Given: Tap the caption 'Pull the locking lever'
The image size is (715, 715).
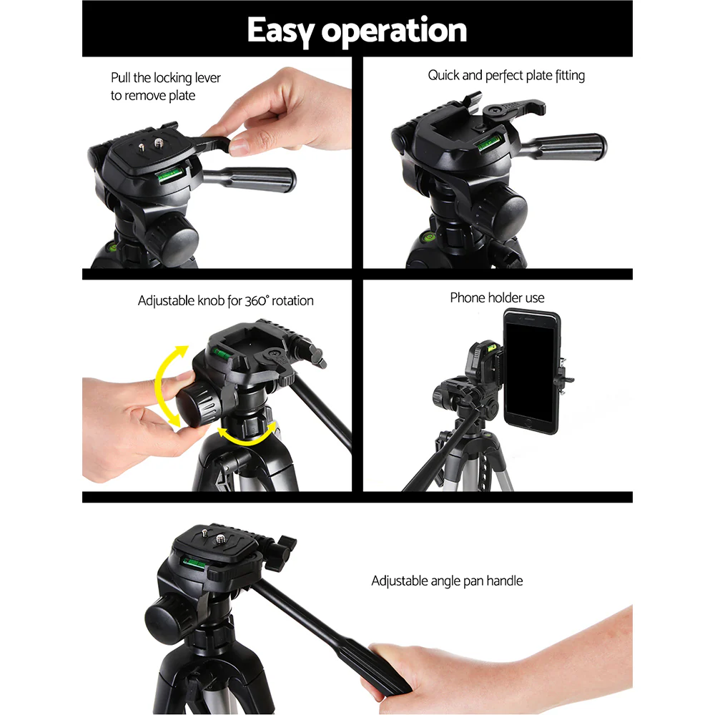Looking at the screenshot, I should (166, 78).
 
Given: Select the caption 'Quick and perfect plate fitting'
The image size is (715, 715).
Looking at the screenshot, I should (506, 75).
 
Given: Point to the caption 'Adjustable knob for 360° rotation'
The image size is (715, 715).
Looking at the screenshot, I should (225, 301).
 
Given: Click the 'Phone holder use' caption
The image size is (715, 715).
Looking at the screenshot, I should (497, 297).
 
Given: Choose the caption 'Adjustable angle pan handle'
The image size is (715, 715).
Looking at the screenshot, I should (447, 581).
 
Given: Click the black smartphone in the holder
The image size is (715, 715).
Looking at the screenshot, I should (531, 370).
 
